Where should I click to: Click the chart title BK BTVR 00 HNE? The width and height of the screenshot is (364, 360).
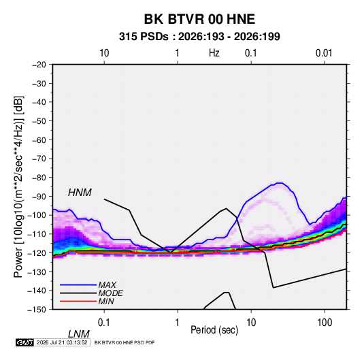[199, 19]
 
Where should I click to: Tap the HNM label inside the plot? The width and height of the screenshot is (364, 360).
[80, 193]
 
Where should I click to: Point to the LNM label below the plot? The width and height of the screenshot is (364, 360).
[78, 334]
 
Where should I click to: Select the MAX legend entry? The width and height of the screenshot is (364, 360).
[107, 284]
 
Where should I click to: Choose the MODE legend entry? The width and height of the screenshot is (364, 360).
[110, 293]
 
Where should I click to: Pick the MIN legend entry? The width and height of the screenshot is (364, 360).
[106, 301]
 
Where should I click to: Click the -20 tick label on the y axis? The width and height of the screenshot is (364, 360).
[39, 65]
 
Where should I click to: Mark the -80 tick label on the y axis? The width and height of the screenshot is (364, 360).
[39, 178]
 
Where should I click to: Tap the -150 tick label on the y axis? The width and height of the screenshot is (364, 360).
[37, 310]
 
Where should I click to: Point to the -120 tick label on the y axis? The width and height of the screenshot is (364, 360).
[37, 252]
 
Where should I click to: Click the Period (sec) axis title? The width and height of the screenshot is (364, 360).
[214, 330]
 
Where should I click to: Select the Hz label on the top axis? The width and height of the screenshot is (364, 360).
[214, 53]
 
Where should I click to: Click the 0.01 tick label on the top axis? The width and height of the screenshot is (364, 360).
[324, 53]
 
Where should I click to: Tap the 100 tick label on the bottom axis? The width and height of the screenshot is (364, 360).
[325, 323]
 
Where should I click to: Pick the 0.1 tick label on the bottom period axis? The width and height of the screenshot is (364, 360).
[104, 323]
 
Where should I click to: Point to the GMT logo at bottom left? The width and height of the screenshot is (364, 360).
[24, 342]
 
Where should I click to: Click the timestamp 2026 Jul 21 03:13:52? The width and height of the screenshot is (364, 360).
[62, 342]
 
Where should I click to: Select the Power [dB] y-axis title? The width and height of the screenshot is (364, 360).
[18, 186]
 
